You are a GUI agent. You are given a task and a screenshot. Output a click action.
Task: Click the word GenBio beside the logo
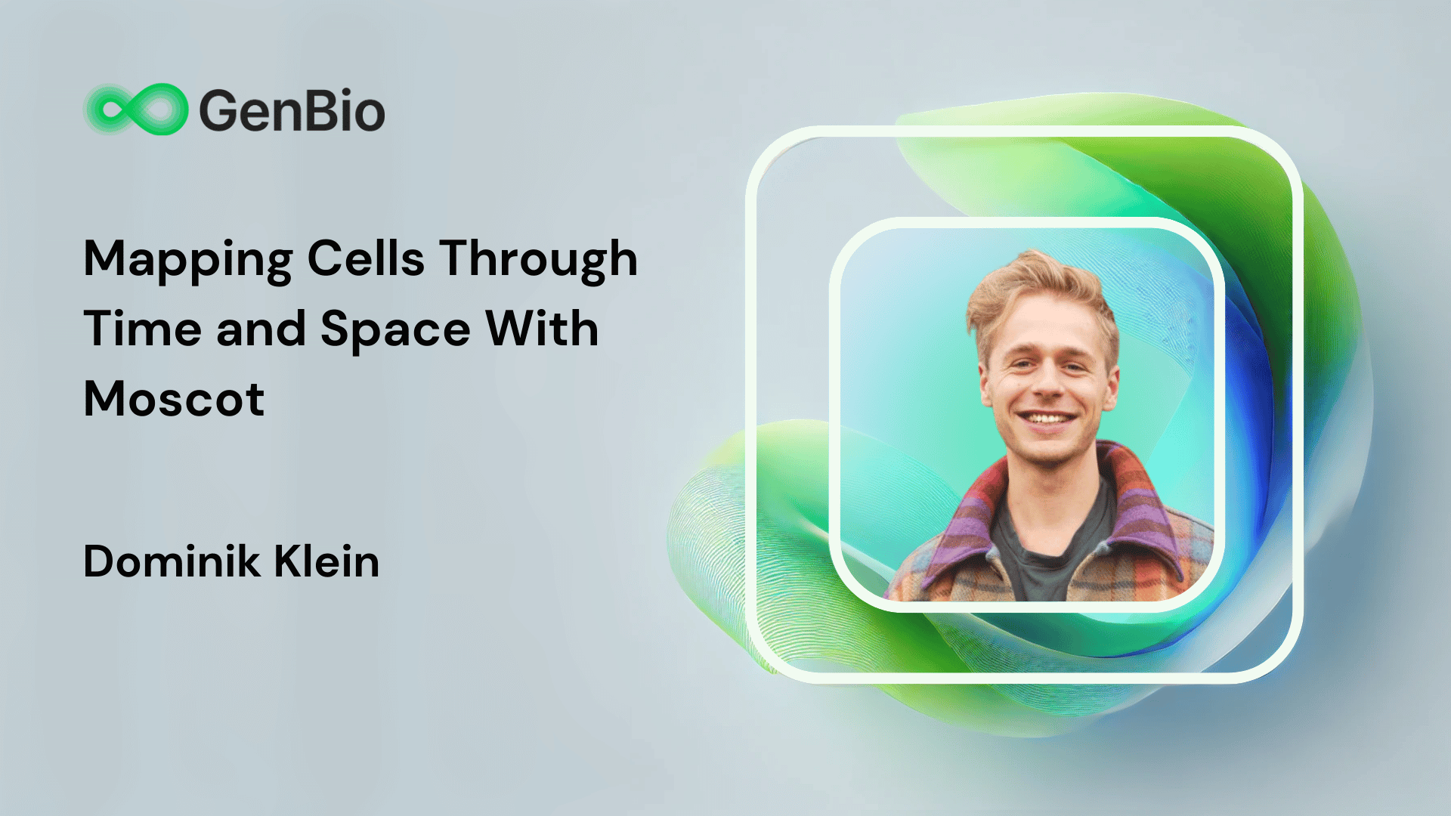point(292,110)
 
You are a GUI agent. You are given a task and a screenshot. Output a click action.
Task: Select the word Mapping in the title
point(188,260)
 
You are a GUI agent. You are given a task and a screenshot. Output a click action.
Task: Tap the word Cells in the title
point(366,258)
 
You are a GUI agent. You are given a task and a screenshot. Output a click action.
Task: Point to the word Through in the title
point(539,260)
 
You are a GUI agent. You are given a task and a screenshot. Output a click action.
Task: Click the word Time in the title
point(142,329)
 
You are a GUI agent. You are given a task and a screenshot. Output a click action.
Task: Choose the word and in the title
point(261,329)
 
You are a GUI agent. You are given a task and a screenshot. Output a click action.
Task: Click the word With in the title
point(542,329)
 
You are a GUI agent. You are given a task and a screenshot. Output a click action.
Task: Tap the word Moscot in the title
point(174,399)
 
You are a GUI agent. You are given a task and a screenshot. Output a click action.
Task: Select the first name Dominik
point(171,561)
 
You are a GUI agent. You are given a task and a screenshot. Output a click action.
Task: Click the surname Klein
point(326,561)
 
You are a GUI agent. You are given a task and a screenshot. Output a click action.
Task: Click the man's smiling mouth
point(1047,418)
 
